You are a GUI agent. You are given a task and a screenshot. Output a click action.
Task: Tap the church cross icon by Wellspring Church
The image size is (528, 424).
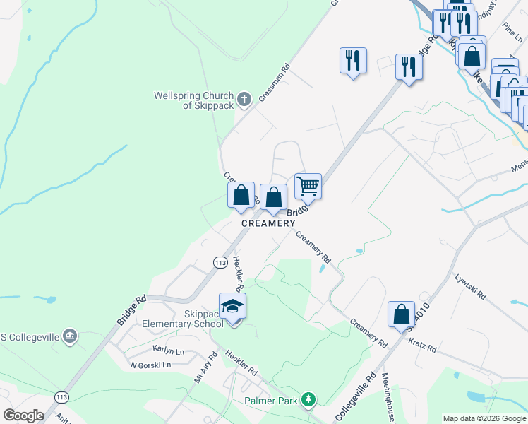(244, 99)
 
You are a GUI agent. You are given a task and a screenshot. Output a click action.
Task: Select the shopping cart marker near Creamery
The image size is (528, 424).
(308, 187)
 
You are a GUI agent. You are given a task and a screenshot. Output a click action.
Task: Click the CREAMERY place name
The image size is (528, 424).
(268, 223)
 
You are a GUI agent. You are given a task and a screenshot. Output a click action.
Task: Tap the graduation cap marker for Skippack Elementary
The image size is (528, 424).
(233, 307)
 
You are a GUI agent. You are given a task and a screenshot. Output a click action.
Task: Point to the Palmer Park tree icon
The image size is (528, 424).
(308, 400)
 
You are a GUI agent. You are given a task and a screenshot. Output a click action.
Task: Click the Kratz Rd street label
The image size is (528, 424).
(422, 346)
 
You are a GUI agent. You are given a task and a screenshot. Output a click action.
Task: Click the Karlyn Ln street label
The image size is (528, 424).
(169, 350)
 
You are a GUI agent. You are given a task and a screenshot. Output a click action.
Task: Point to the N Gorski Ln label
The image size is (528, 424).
(150, 365)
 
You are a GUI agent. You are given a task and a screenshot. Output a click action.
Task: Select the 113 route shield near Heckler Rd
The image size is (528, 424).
(219, 261)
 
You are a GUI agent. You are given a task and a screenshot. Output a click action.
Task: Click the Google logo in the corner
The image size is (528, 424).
(23, 416)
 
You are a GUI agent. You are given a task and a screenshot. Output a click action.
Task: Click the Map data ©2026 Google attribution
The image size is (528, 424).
(484, 418)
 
